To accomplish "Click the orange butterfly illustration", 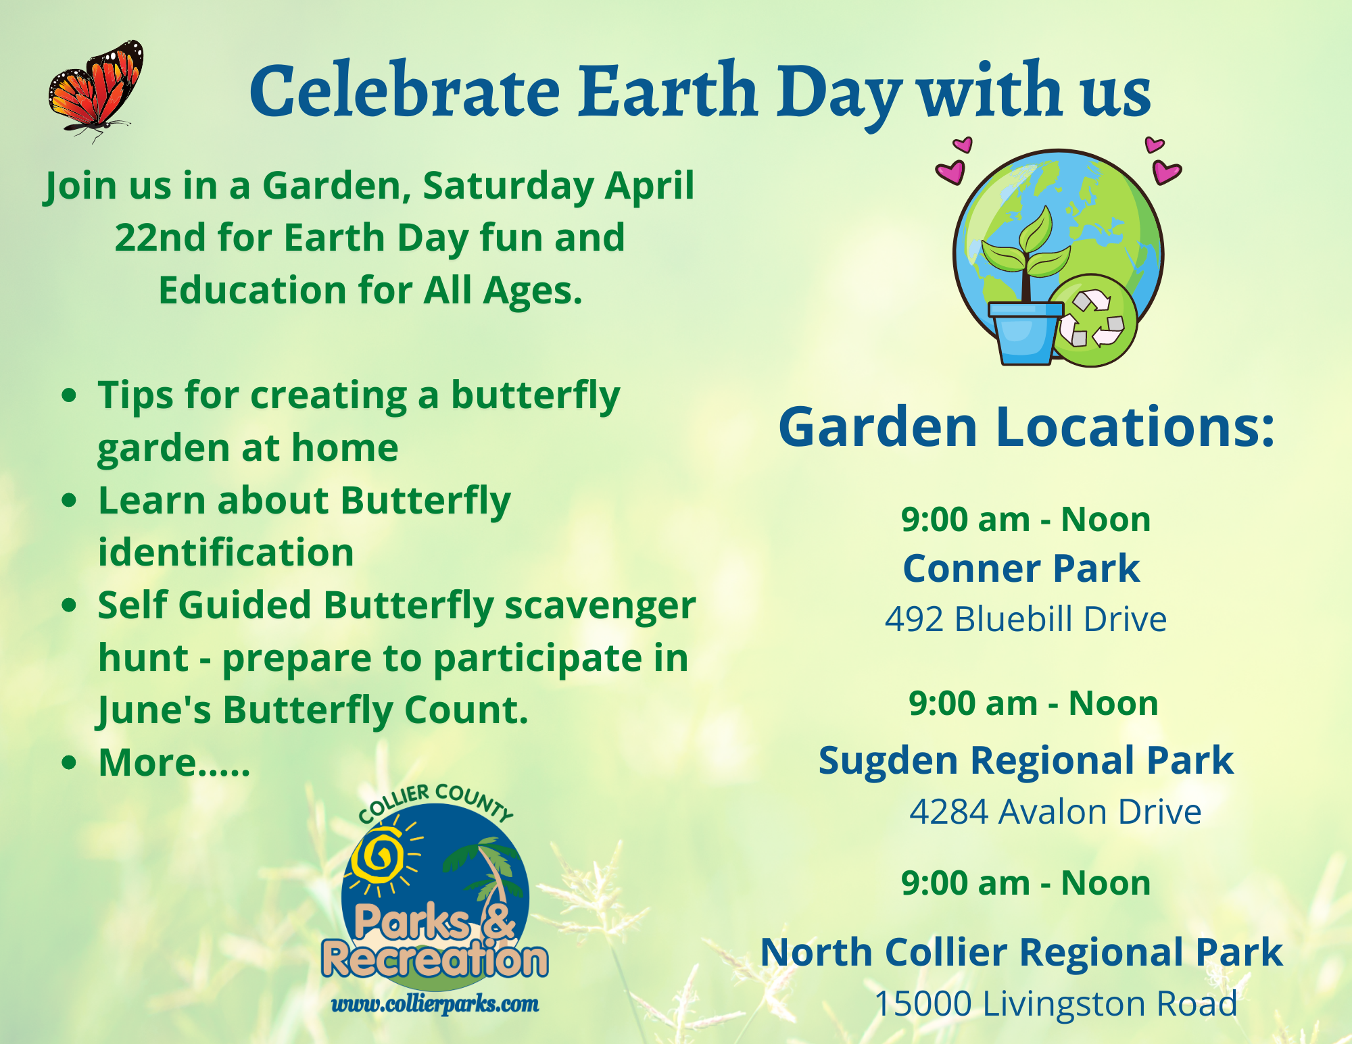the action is pyautogui.click(x=95, y=90).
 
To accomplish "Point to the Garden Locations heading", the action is pyautogui.click(x=1026, y=427).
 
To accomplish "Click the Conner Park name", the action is pyautogui.click(x=1021, y=568).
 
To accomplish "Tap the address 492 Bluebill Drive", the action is pyautogui.click(x=1025, y=619).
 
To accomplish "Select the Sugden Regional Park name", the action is pyautogui.click(x=1026, y=761).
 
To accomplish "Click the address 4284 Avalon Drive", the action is pyautogui.click(x=1055, y=812).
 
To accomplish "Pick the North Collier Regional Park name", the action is pyautogui.click(x=1021, y=953).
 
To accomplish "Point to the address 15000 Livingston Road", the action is pyautogui.click(x=1056, y=1003).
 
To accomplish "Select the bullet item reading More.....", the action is pyautogui.click(x=174, y=763).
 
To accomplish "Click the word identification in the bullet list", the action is pyautogui.click(x=226, y=553).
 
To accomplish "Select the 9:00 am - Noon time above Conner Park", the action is pyautogui.click(x=1025, y=520).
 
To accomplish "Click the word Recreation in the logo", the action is pyautogui.click(x=435, y=960).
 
